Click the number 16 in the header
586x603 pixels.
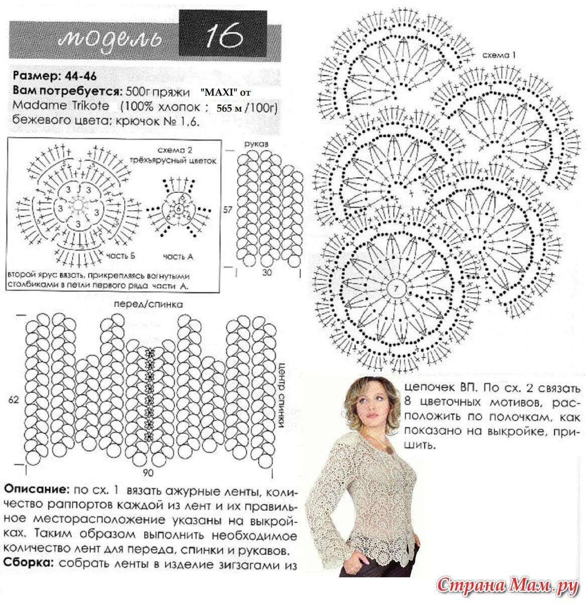[x=224, y=36]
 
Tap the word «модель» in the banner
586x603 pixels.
[x=110, y=38]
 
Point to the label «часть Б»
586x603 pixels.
[x=121, y=256]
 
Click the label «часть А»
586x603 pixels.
[x=178, y=256]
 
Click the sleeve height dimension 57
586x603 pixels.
[x=227, y=210]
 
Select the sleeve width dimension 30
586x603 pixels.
[x=267, y=272]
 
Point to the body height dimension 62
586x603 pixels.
[x=14, y=400]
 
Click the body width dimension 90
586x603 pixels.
[x=148, y=473]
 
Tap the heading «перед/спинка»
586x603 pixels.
[x=148, y=305]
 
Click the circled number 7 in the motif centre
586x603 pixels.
[x=396, y=288]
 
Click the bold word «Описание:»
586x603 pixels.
[x=36, y=489]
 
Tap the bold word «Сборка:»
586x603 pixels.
[x=29, y=564]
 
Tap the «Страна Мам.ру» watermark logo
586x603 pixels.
[x=508, y=585]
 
